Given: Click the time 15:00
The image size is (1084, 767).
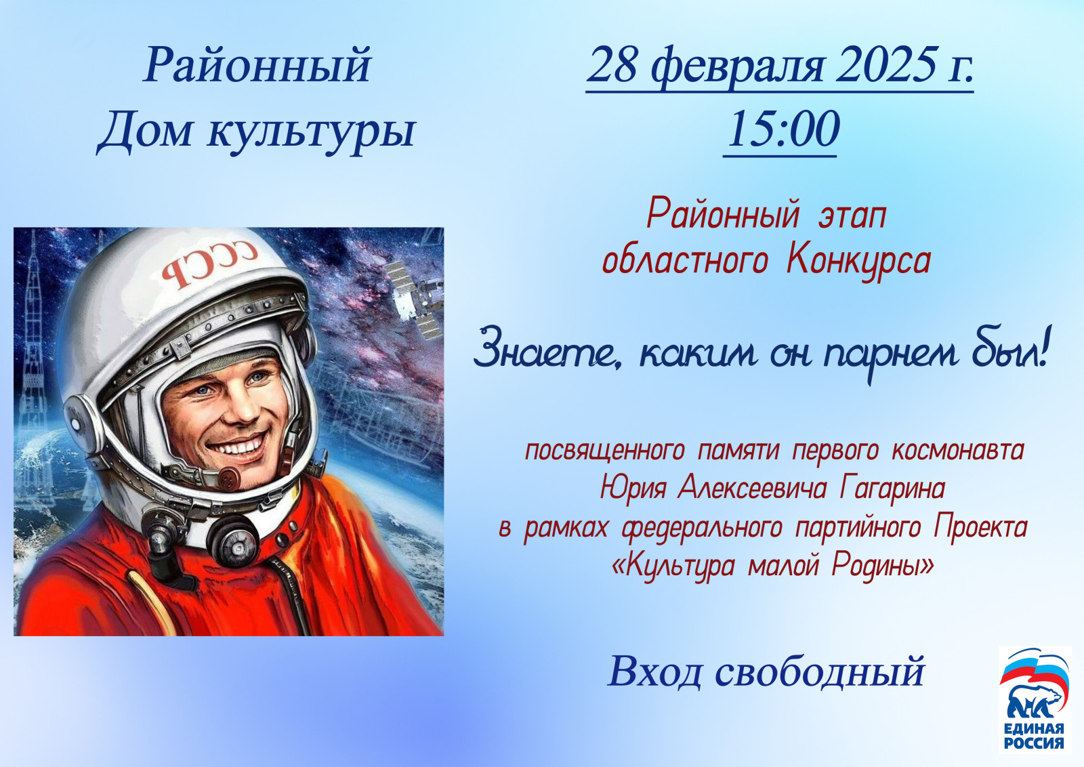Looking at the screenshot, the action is (783, 129).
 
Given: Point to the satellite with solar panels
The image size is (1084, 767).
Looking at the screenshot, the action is (416, 297).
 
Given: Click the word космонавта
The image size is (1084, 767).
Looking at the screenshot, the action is (958, 451).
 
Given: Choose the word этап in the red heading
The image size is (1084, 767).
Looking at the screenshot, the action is (853, 216).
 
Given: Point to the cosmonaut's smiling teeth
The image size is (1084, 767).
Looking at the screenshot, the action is (241, 446).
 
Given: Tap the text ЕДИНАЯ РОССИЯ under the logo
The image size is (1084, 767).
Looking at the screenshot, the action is (1035, 737).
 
